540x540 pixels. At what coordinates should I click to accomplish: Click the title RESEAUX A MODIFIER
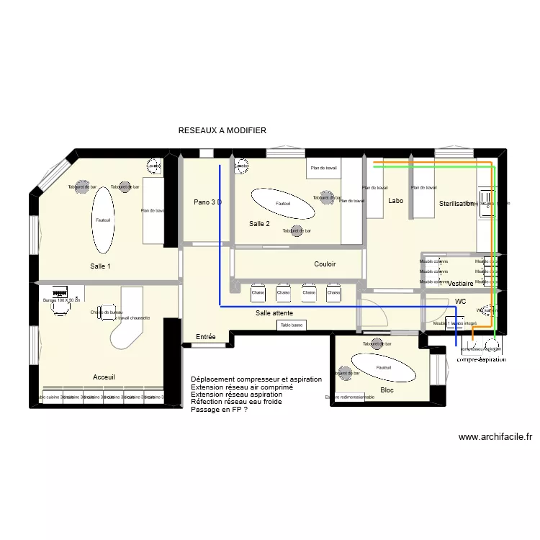tap(222, 130)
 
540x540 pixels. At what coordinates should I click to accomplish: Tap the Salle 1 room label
tap(101, 266)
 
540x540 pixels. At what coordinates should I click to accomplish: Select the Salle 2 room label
tap(259, 224)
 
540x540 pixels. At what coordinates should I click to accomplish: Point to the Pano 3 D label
tap(207, 202)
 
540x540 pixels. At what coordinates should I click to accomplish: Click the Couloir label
tap(325, 264)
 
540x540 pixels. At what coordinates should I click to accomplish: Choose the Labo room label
tap(395, 201)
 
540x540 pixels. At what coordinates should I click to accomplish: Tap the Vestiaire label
tap(460, 284)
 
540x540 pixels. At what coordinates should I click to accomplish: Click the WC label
tap(461, 301)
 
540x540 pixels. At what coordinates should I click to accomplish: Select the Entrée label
tap(206, 337)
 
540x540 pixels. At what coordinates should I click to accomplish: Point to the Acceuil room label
tap(104, 377)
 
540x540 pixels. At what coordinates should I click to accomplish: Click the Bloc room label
tap(387, 391)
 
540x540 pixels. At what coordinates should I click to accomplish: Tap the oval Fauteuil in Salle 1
tap(102, 220)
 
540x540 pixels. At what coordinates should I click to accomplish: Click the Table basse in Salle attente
tap(292, 325)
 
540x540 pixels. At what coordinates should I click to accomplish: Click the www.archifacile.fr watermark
tap(495, 436)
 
